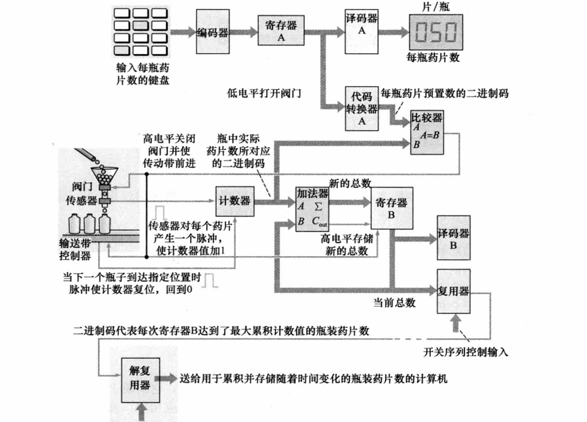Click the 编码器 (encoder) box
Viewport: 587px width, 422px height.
click(x=213, y=31)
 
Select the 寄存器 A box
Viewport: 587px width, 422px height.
click(x=281, y=31)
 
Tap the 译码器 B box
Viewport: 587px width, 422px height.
click(x=456, y=238)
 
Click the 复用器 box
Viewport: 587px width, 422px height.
click(x=456, y=291)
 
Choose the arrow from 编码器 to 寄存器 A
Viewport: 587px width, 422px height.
click(x=245, y=31)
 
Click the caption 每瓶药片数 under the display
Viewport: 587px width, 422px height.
click(x=433, y=58)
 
